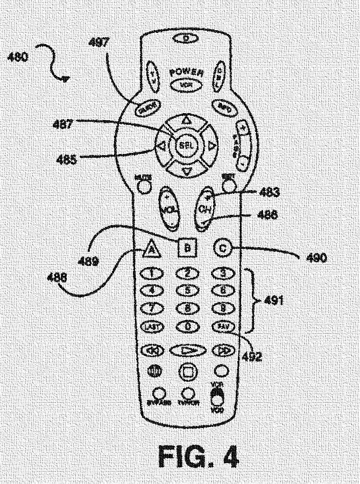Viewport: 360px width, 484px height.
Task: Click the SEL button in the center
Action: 186,145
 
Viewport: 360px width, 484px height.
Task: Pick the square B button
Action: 187,248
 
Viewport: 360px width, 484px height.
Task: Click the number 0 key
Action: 187,327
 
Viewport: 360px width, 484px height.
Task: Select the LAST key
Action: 150,327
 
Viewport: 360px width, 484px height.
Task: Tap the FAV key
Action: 222,327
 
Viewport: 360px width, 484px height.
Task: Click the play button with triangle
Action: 187,350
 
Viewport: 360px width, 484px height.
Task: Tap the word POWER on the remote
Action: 184,73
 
